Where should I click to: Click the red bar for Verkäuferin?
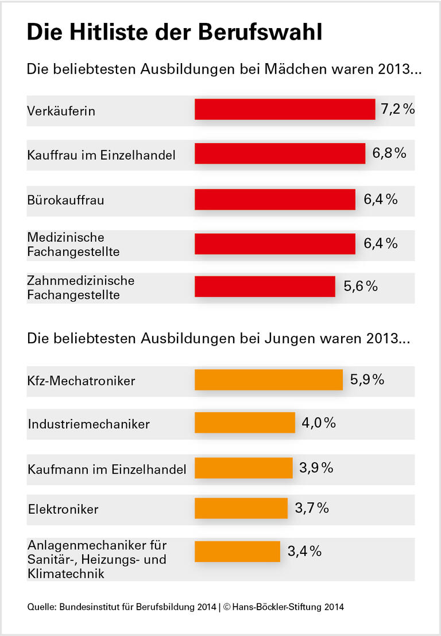[285, 109]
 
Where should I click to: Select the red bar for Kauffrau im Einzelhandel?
[280, 154]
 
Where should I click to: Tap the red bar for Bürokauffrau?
[275, 199]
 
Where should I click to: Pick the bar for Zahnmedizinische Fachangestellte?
[265, 286]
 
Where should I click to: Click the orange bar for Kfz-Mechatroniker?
[269, 379]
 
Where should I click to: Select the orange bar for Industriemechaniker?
[245, 422]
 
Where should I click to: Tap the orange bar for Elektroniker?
[241, 508]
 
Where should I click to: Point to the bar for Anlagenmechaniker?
[237, 552]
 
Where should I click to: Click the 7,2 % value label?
[398, 108]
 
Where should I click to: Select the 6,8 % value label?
[389, 153]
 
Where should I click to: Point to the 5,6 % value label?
[361, 286]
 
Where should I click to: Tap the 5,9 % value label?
[367, 379]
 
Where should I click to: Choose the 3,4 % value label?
[304, 552]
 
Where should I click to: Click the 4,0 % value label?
[319, 423]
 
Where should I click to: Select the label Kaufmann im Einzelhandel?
[107, 469]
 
